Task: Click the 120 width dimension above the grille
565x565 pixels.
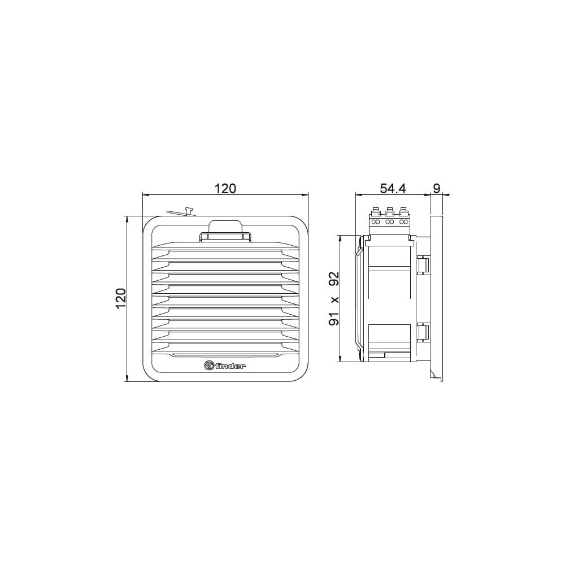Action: (225, 189)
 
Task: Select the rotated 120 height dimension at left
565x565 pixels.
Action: (121, 298)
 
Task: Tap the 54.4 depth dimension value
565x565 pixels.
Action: (393, 189)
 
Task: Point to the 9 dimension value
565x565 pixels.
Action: (436, 189)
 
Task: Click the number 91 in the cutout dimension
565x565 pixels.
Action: (334, 319)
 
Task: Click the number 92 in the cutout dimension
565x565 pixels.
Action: (334, 279)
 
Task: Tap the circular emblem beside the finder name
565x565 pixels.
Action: (209, 366)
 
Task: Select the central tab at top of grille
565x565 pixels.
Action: (225, 231)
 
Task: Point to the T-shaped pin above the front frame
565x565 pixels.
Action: (188, 211)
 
